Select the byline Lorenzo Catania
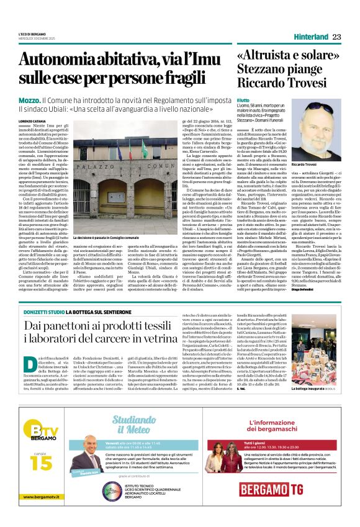34,121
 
